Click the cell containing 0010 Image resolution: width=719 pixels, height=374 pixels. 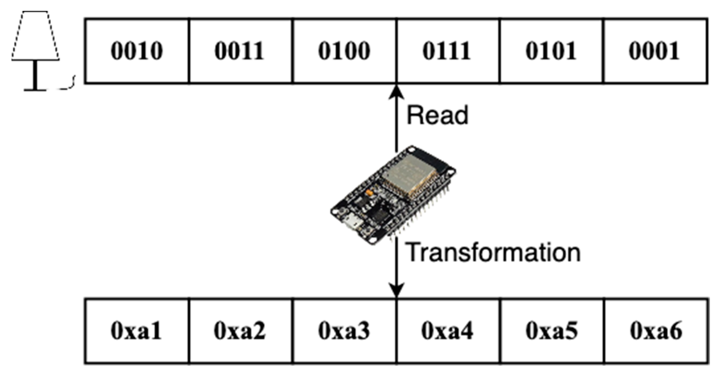[x=137, y=51]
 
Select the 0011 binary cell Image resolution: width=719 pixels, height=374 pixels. [x=240, y=51]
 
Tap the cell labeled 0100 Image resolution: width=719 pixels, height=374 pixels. [x=344, y=51]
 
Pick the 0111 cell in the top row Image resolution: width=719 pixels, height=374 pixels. [x=447, y=51]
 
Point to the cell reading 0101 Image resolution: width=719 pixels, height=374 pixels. [x=551, y=51]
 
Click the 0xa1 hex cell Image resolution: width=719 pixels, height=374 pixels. [x=137, y=330]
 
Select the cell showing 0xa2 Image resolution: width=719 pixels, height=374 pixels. [x=240, y=330]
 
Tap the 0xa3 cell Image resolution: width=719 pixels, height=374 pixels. [x=344, y=330]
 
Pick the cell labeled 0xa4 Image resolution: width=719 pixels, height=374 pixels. [x=447, y=330]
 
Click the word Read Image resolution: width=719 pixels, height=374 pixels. [x=438, y=115]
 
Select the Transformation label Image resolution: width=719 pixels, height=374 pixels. [x=493, y=253]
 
